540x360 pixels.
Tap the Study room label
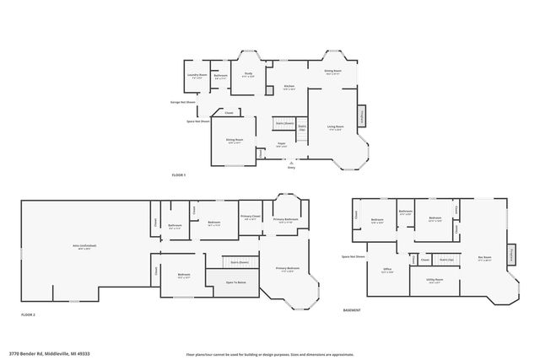249,75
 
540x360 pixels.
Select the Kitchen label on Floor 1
289,87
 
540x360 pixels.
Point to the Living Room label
334,127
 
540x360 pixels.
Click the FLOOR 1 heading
178,175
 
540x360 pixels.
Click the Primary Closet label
250,216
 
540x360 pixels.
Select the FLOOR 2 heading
30,314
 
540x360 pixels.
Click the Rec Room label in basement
485,259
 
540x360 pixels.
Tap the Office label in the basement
386,270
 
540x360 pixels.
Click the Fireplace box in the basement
512,255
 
